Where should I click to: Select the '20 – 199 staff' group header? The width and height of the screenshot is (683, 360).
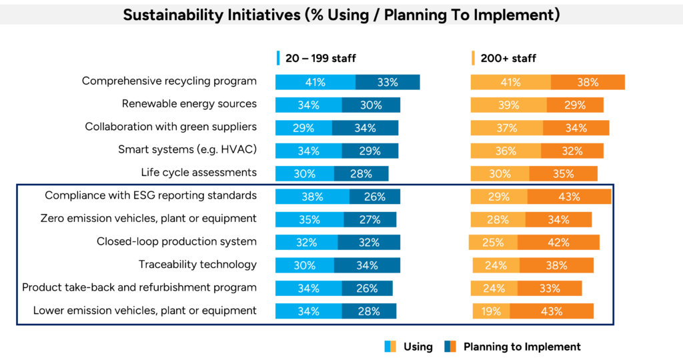point(321,59)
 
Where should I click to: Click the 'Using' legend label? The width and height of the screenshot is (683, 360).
point(418,347)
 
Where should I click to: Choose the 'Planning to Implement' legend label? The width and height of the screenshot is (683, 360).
point(522,347)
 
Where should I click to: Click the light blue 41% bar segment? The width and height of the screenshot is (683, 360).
point(315,83)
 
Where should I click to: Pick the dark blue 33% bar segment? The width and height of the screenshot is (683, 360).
point(388,83)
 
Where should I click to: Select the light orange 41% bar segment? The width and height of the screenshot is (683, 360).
point(510,83)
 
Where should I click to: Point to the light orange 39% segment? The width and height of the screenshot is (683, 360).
point(508,105)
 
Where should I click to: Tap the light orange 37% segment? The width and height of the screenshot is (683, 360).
point(506,128)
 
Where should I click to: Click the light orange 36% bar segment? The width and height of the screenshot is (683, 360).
point(506,151)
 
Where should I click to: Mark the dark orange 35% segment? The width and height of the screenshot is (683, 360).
point(564,174)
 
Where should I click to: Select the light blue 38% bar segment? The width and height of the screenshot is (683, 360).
point(312,197)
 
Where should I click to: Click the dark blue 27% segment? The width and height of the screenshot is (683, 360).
point(370,220)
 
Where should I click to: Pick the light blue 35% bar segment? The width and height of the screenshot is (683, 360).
point(309,220)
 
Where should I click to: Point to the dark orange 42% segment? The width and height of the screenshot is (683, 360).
point(558,243)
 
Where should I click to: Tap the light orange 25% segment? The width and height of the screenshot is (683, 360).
point(493,243)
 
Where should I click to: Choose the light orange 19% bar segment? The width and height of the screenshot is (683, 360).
point(491,311)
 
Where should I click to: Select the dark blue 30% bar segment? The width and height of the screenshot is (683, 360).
point(371,105)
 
